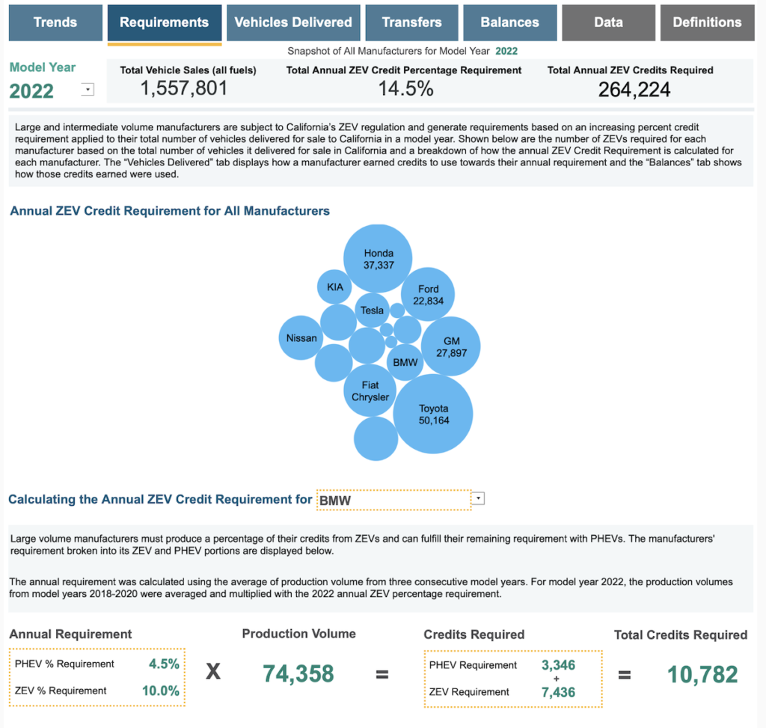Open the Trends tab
pyautogui.click(x=55, y=22)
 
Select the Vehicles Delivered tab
pyautogui.click(x=293, y=22)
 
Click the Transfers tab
pyautogui.click(x=411, y=22)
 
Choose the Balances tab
pyautogui.click(x=510, y=22)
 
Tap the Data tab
pyautogui.click(x=608, y=22)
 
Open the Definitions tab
pyautogui.click(x=707, y=22)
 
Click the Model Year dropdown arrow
pyautogui.click(x=88, y=90)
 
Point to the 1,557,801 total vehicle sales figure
pyautogui.click(x=184, y=89)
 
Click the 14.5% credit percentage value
pyautogui.click(x=404, y=89)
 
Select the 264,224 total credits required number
pyautogui.click(x=634, y=90)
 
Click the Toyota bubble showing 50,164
pyautogui.click(x=433, y=414)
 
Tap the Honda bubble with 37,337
pyautogui.click(x=379, y=259)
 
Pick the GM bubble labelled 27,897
pyautogui.click(x=451, y=346)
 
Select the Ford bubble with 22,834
pyautogui.click(x=429, y=294)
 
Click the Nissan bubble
pyautogui.click(x=301, y=338)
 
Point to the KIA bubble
pyautogui.click(x=334, y=287)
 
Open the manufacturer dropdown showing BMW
pyautogui.click(x=479, y=498)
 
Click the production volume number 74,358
pyautogui.click(x=298, y=673)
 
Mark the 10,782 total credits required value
pyautogui.click(x=702, y=674)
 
